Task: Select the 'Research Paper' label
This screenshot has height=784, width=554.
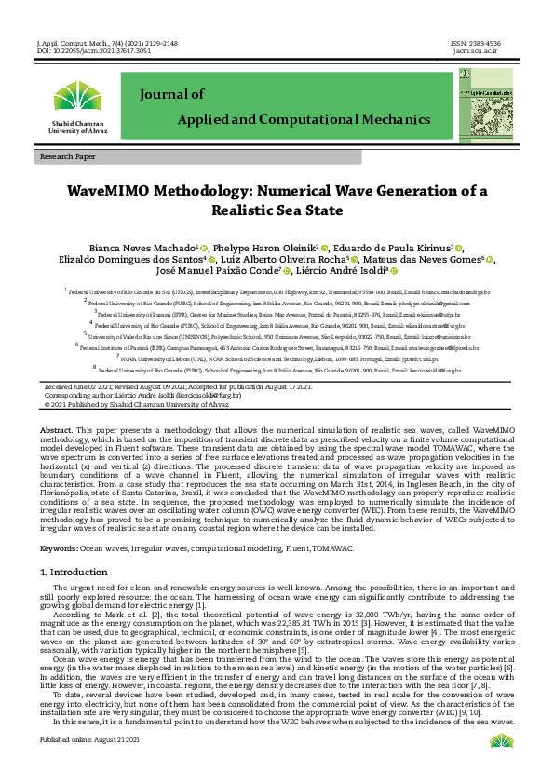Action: (67, 157)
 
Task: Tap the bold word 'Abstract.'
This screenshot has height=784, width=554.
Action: (56, 429)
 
